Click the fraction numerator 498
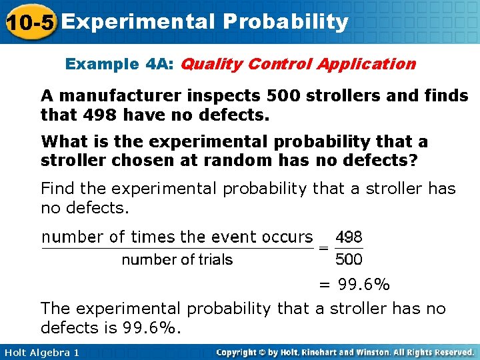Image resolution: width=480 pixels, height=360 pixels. (x=349, y=237)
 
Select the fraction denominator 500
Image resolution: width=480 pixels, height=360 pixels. (x=349, y=259)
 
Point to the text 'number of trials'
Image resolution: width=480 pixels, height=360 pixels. (x=177, y=259)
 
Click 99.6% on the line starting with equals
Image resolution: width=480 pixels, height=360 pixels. (x=363, y=285)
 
